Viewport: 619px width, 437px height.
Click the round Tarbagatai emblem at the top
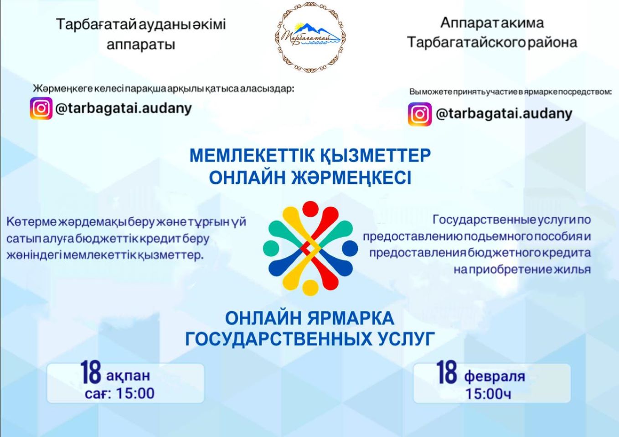[310, 37]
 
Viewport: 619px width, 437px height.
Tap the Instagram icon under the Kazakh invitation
[41, 108]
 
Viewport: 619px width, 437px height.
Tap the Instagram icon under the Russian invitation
[420, 114]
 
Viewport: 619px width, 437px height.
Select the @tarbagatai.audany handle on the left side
[124, 109]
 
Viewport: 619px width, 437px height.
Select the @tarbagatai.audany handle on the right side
[504, 114]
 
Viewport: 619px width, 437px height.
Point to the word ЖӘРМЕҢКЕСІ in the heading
[352, 177]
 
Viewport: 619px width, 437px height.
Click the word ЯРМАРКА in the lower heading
[351, 318]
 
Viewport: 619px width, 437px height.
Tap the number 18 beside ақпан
[91, 372]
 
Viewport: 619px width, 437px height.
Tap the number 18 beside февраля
[447, 372]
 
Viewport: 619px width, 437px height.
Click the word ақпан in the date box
[128, 376]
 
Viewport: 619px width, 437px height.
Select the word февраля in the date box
[495, 376]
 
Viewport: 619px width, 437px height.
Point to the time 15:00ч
[489, 394]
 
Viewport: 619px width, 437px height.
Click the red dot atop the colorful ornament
[310, 209]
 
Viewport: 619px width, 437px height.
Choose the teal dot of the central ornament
[271, 248]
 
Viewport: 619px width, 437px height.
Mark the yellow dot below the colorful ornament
[310, 288]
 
